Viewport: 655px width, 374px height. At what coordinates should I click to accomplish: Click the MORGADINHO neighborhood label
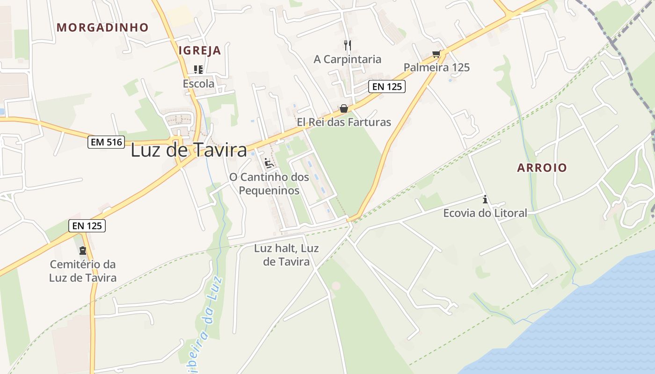102,28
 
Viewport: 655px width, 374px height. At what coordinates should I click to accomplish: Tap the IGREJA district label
200,50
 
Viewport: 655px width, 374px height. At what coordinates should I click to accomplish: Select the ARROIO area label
542,168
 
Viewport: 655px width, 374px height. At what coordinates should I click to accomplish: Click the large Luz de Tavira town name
189,151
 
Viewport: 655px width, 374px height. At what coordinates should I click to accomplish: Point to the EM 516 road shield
106,142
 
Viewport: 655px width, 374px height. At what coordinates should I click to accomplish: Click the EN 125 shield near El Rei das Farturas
386,86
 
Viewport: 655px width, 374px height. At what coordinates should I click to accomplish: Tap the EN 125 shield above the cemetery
87,226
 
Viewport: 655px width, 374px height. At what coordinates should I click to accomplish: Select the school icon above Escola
198,70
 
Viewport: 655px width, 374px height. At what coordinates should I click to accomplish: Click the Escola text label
198,84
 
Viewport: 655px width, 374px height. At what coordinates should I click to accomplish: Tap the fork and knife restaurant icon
347,45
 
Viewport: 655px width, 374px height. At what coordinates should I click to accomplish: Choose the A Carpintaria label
347,59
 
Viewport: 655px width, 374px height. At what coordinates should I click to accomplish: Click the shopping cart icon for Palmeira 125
437,54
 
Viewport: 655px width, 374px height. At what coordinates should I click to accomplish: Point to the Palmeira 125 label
437,67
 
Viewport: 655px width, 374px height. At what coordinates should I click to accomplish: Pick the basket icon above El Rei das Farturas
344,108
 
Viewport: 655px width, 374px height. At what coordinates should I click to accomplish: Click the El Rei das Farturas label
344,122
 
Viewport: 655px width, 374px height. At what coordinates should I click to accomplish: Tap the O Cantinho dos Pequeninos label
269,184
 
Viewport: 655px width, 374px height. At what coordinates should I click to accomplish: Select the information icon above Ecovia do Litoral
485,200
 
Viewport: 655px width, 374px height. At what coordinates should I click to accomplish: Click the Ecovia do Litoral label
485,213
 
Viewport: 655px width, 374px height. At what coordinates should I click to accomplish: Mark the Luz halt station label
286,255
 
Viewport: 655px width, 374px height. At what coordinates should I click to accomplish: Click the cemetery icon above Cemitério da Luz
83,251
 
